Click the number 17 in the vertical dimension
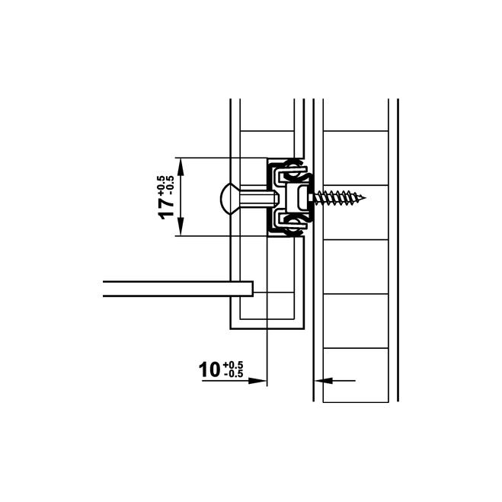pyautogui.click(x=167, y=209)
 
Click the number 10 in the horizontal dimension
pyautogui.click(x=209, y=369)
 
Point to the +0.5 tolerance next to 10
pyautogui.click(x=233, y=365)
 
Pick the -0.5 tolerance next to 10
pyautogui.click(x=234, y=373)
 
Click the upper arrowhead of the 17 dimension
pyautogui.click(x=181, y=167)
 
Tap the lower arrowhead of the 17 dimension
pyautogui.click(x=181, y=226)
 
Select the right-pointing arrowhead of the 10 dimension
pyautogui.click(x=257, y=381)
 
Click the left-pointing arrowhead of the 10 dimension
pyautogui.click(x=324, y=381)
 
